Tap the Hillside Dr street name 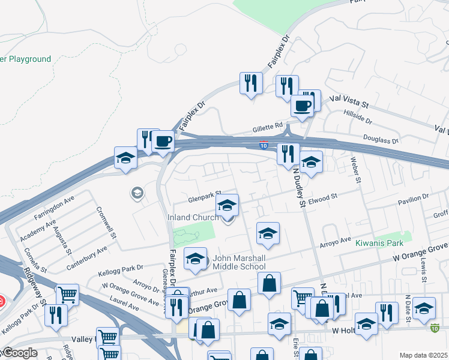click(x=358, y=116)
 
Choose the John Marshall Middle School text click(x=239, y=263)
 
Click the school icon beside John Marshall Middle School click(x=195, y=259)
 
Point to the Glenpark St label click(x=200, y=197)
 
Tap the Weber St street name click(x=358, y=170)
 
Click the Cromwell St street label click(x=106, y=221)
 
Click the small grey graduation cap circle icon click(x=137, y=193)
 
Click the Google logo click(x=19, y=353)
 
